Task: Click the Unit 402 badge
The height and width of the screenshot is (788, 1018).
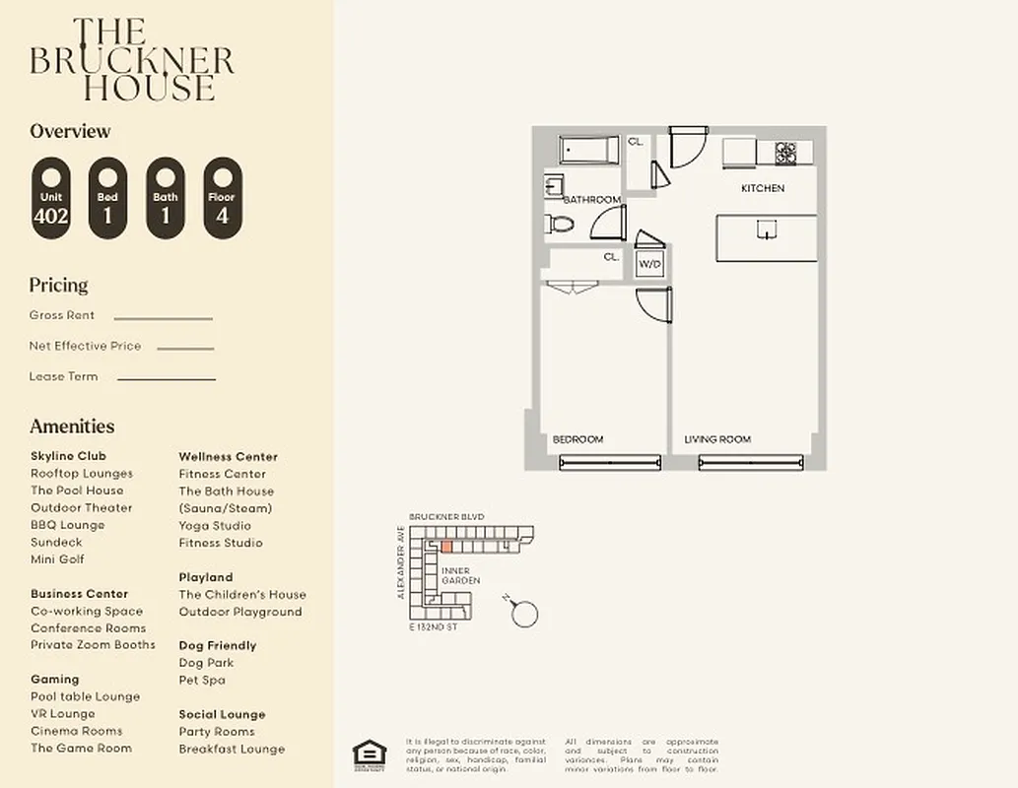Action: (x=50, y=199)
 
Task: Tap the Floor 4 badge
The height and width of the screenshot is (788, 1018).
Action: (x=222, y=199)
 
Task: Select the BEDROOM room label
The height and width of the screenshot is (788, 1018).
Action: (x=577, y=439)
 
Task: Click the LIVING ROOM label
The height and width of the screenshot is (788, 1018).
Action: (x=717, y=439)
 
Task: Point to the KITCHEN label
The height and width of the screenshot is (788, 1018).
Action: (x=763, y=188)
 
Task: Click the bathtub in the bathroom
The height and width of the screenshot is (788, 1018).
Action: (x=588, y=150)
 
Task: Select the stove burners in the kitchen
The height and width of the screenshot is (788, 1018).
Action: (x=785, y=153)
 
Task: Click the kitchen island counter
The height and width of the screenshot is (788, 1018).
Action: (x=766, y=237)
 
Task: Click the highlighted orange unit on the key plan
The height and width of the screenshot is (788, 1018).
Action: (x=445, y=546)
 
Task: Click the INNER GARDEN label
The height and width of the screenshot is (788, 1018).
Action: (x=460, y=576)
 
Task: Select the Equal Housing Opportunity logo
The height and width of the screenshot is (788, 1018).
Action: (x=370, y=754)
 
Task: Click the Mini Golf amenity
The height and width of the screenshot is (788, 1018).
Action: (x=57, y=559)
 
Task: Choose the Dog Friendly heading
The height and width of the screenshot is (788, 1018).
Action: (x=217, y=645)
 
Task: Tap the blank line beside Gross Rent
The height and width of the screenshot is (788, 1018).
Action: (x=163, y=318)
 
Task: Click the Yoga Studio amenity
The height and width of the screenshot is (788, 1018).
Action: (x=214, y=525)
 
